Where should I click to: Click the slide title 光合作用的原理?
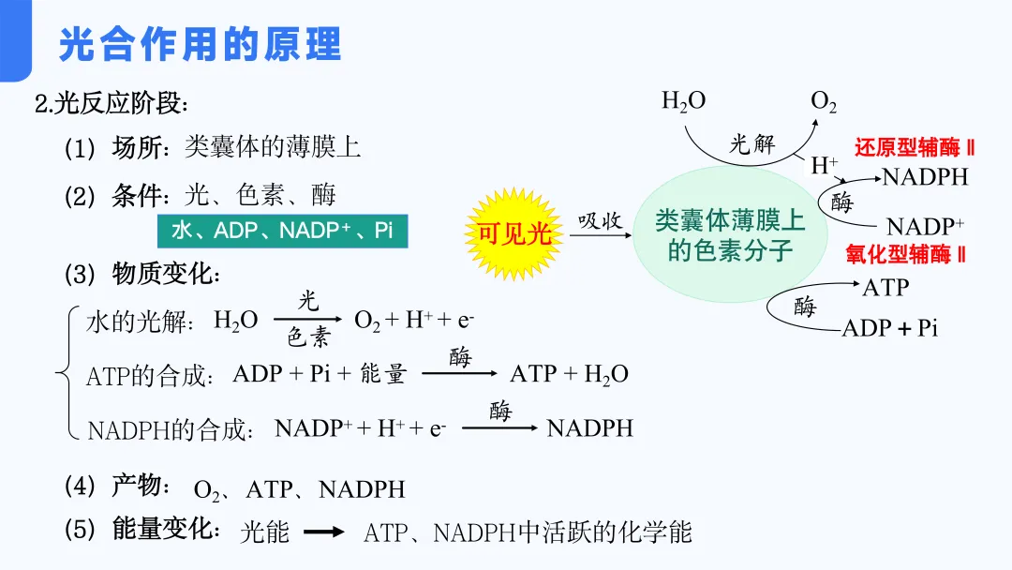point(200,44)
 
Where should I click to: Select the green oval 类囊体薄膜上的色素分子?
point(730,235)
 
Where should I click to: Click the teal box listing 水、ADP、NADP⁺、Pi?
point(282,231)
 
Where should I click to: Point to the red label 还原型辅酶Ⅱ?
point(915,148)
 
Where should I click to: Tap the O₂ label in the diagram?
point(824,102)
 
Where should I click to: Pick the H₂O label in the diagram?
point(683,101)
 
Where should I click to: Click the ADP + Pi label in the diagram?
point(889,328)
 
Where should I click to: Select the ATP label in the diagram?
point(885,288)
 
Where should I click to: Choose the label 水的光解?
point(140,322)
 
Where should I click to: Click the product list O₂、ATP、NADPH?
point(299,489)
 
